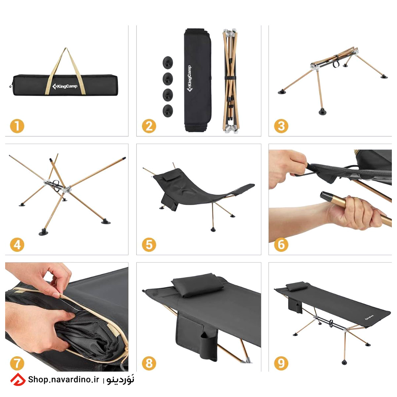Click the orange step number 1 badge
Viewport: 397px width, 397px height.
pos(17,126)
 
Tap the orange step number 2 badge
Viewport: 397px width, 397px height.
pos(149,126)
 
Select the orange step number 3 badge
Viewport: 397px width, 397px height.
pos(281,126)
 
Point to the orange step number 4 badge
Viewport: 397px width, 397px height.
pos(17,244)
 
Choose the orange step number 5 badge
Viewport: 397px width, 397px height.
pos(149,244)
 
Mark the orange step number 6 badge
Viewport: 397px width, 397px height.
pos(281,244)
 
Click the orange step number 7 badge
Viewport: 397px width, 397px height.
pos(17,363)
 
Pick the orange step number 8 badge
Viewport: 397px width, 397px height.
pos(149,363)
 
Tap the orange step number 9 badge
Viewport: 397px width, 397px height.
pos(281,363)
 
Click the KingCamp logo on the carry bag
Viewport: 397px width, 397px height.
pos(65,86)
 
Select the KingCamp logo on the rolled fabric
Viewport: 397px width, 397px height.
pos(189,79)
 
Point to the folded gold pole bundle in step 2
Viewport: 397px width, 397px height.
pos(230,81)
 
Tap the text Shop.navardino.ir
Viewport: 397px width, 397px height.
pos(63,379)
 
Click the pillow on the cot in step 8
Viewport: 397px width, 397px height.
pos(197,285)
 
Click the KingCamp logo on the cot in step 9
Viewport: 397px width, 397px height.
pos(369,318)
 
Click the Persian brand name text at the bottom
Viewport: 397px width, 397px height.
pos(120,380)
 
